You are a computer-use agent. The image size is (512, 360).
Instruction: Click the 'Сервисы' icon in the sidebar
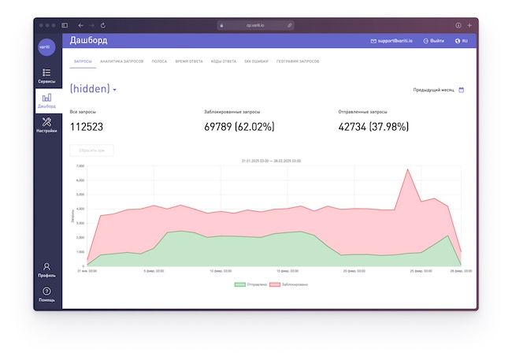46,72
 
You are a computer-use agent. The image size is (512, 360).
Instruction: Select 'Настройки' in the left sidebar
46,122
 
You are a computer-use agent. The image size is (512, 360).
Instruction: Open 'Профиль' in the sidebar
46,267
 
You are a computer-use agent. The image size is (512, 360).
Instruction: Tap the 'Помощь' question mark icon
46,291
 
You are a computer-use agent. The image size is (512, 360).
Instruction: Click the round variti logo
46,46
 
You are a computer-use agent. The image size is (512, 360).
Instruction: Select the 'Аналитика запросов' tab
121,61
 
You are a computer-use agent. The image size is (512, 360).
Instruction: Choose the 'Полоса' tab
159,61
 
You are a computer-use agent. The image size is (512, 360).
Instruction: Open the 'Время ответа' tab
189,61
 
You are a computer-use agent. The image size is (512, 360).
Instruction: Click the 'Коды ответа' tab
224,61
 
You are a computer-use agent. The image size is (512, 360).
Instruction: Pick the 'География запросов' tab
298,61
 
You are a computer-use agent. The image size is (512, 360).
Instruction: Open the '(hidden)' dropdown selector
93,89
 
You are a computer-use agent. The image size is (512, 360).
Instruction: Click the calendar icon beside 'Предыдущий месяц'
462,90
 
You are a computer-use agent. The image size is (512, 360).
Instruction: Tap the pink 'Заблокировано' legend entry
288,284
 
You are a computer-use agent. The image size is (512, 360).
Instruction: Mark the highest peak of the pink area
407,169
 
